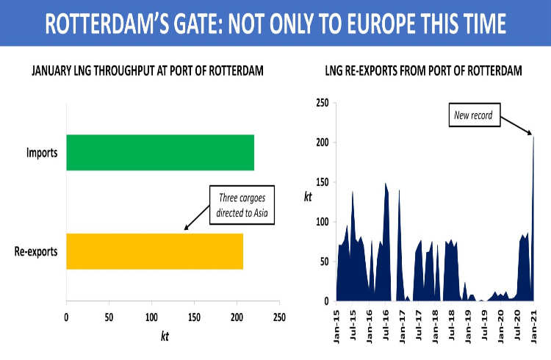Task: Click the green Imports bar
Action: click(159, 153)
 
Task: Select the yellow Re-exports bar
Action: click(154, 251)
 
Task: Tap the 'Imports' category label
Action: click(43, 154)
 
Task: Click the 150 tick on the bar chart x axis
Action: click(194, 317)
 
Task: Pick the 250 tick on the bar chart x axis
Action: click(279, 317)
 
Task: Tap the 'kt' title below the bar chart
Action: click(165, 336)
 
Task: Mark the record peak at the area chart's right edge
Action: click(533, 137)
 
